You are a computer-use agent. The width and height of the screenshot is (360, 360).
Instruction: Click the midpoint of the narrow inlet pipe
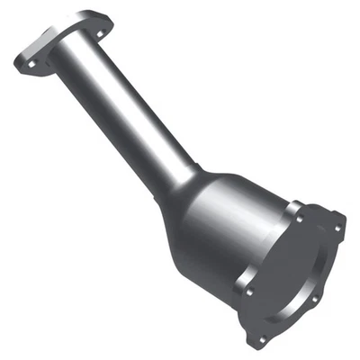126,108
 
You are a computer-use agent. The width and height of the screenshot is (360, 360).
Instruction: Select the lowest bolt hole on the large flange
263,338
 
